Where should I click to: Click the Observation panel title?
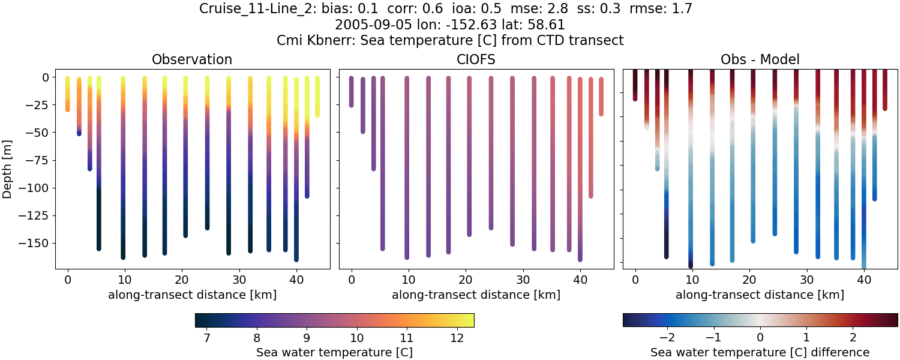pyautogui.click(x=192, y=59)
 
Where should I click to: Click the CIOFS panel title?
pyautogui.click(x=476, y=59)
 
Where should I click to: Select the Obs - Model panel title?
pyautogui.click(x=760, y=59)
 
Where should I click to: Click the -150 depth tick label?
pyautogui.click(x=39, y=243)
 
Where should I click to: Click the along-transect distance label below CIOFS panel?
pyautogui.click(x=476, y=295)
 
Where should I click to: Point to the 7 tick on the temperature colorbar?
pyautogui.click(x=207, y=338)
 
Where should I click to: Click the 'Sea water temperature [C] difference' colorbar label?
pyautogui.click(x=760, y=352)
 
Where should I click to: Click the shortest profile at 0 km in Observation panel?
pyautogui.click(x=67, y=94)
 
